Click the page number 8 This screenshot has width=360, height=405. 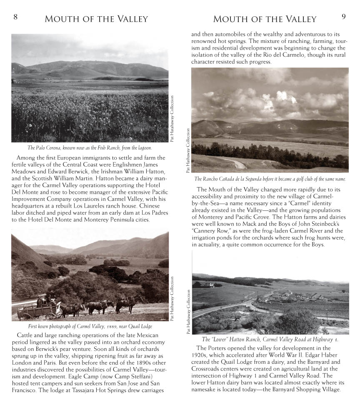point(15,17)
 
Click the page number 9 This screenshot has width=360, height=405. point(343,17)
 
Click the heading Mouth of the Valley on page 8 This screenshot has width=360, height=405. point(96,19)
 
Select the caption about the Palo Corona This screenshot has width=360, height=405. point(90,147)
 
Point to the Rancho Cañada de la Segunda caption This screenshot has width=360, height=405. point(270,179)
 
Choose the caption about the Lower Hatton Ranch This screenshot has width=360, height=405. point(270,339)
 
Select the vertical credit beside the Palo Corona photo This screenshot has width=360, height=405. point(172,119)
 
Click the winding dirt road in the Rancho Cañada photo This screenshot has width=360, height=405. point(237,163)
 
